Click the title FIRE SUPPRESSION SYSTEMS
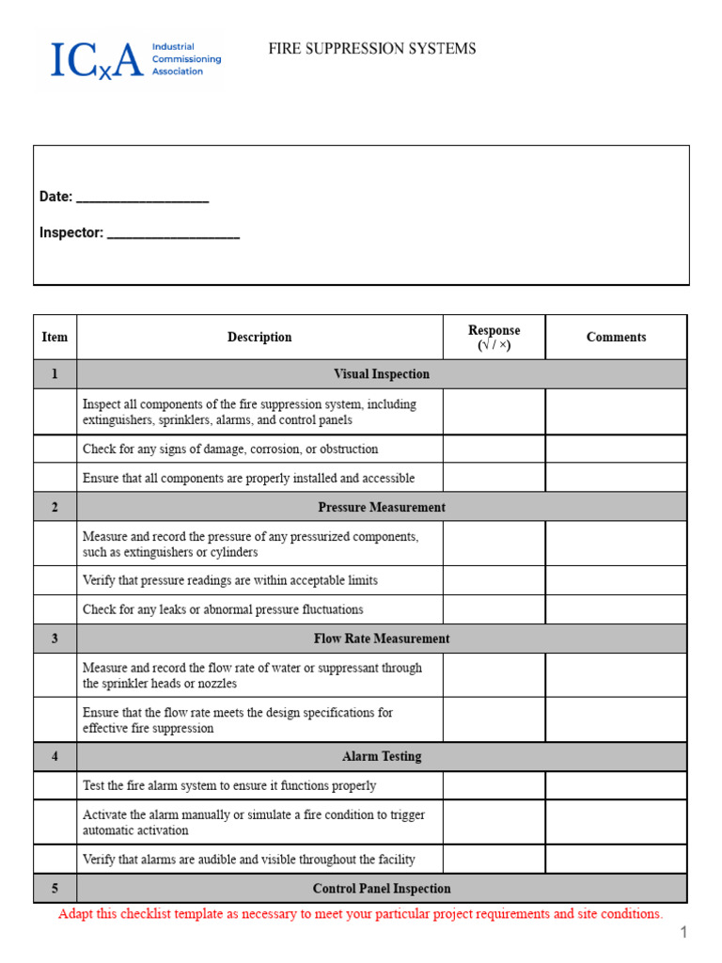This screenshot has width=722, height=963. (x=372, y=49)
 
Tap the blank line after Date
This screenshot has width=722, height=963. (x=142, y=198)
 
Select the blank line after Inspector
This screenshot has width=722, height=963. (x=173, y=234)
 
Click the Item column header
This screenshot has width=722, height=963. (x=55, y=337)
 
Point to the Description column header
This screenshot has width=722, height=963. (x=259, y=337)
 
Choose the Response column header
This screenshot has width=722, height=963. (x=494, y=337)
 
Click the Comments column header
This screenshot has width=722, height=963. (x=616, y=337)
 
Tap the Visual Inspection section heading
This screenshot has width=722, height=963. (x=382, y=373)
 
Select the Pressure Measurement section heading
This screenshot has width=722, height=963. (x=382, y=507)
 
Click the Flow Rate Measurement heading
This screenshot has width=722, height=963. (x=382, y=639)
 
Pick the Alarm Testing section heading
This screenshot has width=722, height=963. (x=382, y=756)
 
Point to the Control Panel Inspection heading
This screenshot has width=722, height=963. (x=382, y=888)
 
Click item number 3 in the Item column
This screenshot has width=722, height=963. (x=55, y=639)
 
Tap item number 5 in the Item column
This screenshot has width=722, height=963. (x=55, y=888)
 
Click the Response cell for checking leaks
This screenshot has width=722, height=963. (x=494, y=609)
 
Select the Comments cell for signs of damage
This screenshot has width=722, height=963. (x=616, y=449)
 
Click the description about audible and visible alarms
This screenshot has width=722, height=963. (x=249, y=859)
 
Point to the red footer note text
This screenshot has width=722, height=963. (x=361, y=914)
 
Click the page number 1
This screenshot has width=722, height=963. (x=685, y=932)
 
